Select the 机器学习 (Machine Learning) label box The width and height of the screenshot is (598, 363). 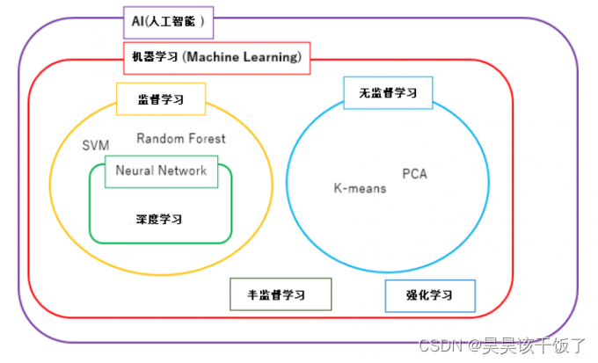[x=215, y=58]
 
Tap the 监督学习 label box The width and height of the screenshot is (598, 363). [x=161, y=99]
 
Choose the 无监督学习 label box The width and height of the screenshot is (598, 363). [x=388, y=92]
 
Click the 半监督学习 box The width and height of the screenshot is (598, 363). [x=281, y=294]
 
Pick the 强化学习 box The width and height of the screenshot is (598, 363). [x=430, y=296]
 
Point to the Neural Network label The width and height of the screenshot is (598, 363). [x=161, y=171]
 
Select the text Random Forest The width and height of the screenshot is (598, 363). [x=181, y=138]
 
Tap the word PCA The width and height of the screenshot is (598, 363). [x=414, y=173]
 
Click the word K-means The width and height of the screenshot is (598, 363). [x=359, y=188]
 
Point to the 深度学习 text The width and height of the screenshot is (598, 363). [x=160, y=218]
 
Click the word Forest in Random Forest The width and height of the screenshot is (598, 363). [x=207, y=138]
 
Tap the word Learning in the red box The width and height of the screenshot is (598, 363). [x=272, y=58]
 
